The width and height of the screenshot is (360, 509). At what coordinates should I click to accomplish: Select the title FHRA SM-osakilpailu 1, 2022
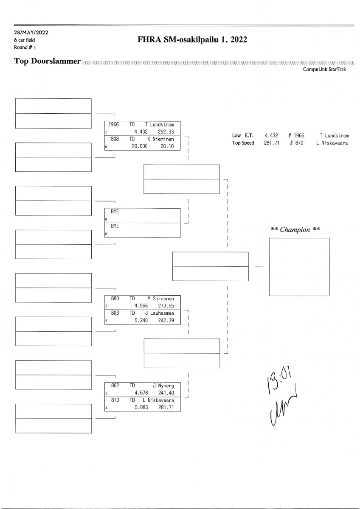pos(192,40)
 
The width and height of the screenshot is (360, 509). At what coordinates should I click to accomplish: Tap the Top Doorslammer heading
pos(47,61)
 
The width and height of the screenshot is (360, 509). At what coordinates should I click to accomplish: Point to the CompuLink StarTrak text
pos(324,70)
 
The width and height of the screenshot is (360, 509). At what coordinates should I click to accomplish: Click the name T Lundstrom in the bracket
pos(160,125)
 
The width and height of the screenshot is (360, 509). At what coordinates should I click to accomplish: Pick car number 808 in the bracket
pos(115,139)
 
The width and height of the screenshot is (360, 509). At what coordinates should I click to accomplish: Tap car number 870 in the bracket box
pos(115,400)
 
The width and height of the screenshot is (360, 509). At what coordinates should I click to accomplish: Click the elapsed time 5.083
pos(141,407)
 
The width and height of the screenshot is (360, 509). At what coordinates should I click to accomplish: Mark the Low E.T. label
pos(243,136)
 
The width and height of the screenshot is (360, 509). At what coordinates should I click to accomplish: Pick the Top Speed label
pos(243,143)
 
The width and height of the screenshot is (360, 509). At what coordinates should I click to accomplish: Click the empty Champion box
pos(299,267)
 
